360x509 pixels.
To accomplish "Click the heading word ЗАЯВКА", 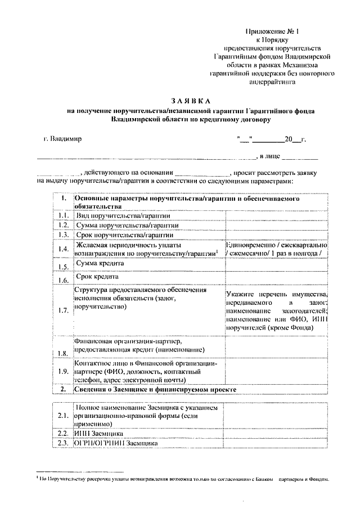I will [180, 100].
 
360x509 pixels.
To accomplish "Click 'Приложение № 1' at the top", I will [267, 31].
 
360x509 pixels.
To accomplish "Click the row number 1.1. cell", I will [63, 215].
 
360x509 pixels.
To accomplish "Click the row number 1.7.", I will [63, 310].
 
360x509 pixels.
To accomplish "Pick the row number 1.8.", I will [63, 353].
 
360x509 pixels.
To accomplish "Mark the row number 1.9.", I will [63, 372].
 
